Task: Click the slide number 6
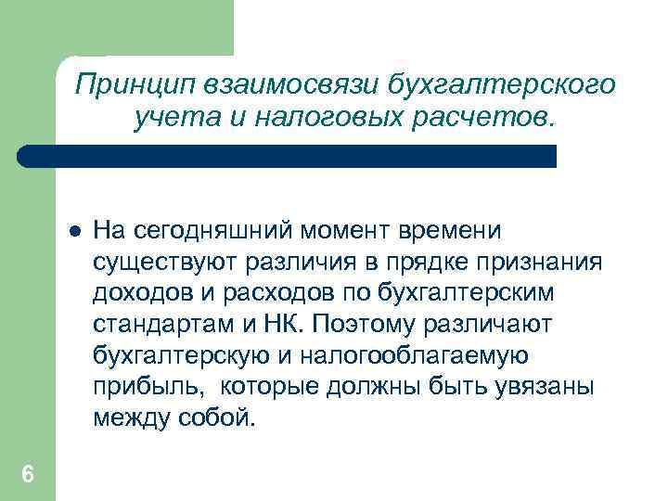click(x=28, y=475)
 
